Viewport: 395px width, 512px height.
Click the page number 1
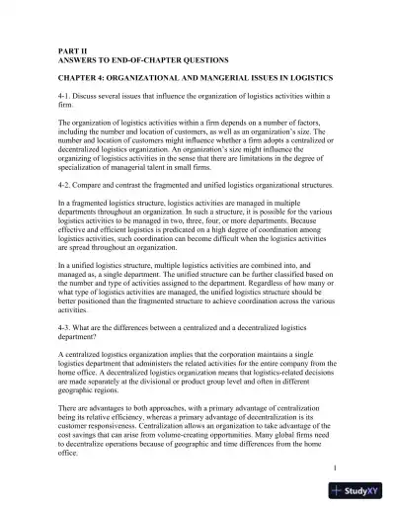point(336,466)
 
